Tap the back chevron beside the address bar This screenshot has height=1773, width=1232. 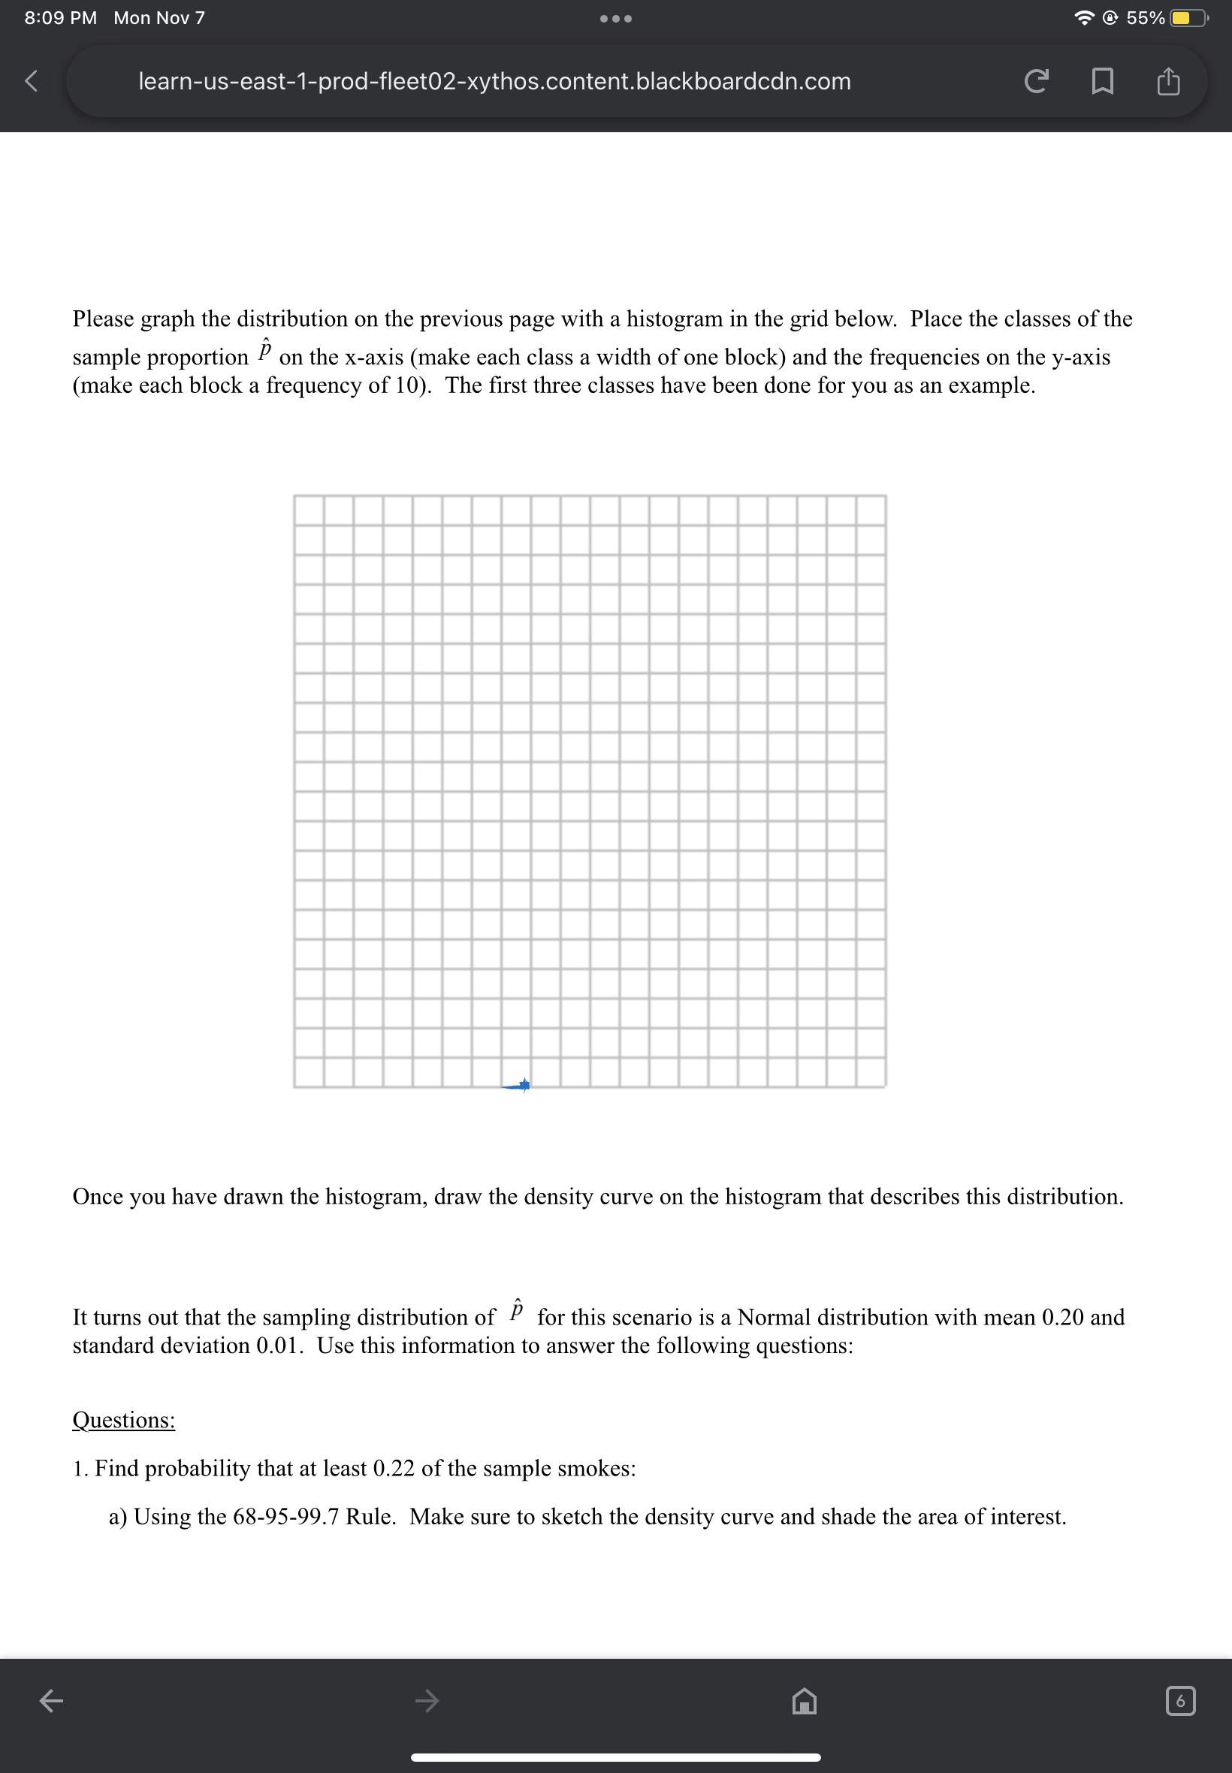[x=31, y=80]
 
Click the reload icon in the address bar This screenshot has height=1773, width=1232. [x=1036, y=80]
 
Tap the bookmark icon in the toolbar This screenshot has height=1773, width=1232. [x=1102, y=80]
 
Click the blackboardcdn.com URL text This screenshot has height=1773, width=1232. [x=494, y=81]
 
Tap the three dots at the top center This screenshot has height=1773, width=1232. [x=615, y=19]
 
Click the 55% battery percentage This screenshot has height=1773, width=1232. [x=1145, y=18]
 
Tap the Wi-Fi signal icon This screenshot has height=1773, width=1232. [x=1085, y=18]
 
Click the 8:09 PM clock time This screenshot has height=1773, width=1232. [x=60, y=18]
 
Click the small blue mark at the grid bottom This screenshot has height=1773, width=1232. [x=516, y=1086]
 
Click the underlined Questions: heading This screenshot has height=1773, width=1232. [x=123, y=1419]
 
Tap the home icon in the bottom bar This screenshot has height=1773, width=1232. [x=805, y=1699]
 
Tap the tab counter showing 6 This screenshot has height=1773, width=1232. [x=1179, y=1700]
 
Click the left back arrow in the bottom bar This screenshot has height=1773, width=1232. [x=52, y=1699]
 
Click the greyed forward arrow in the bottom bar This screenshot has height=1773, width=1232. [x=427, y=1699]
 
